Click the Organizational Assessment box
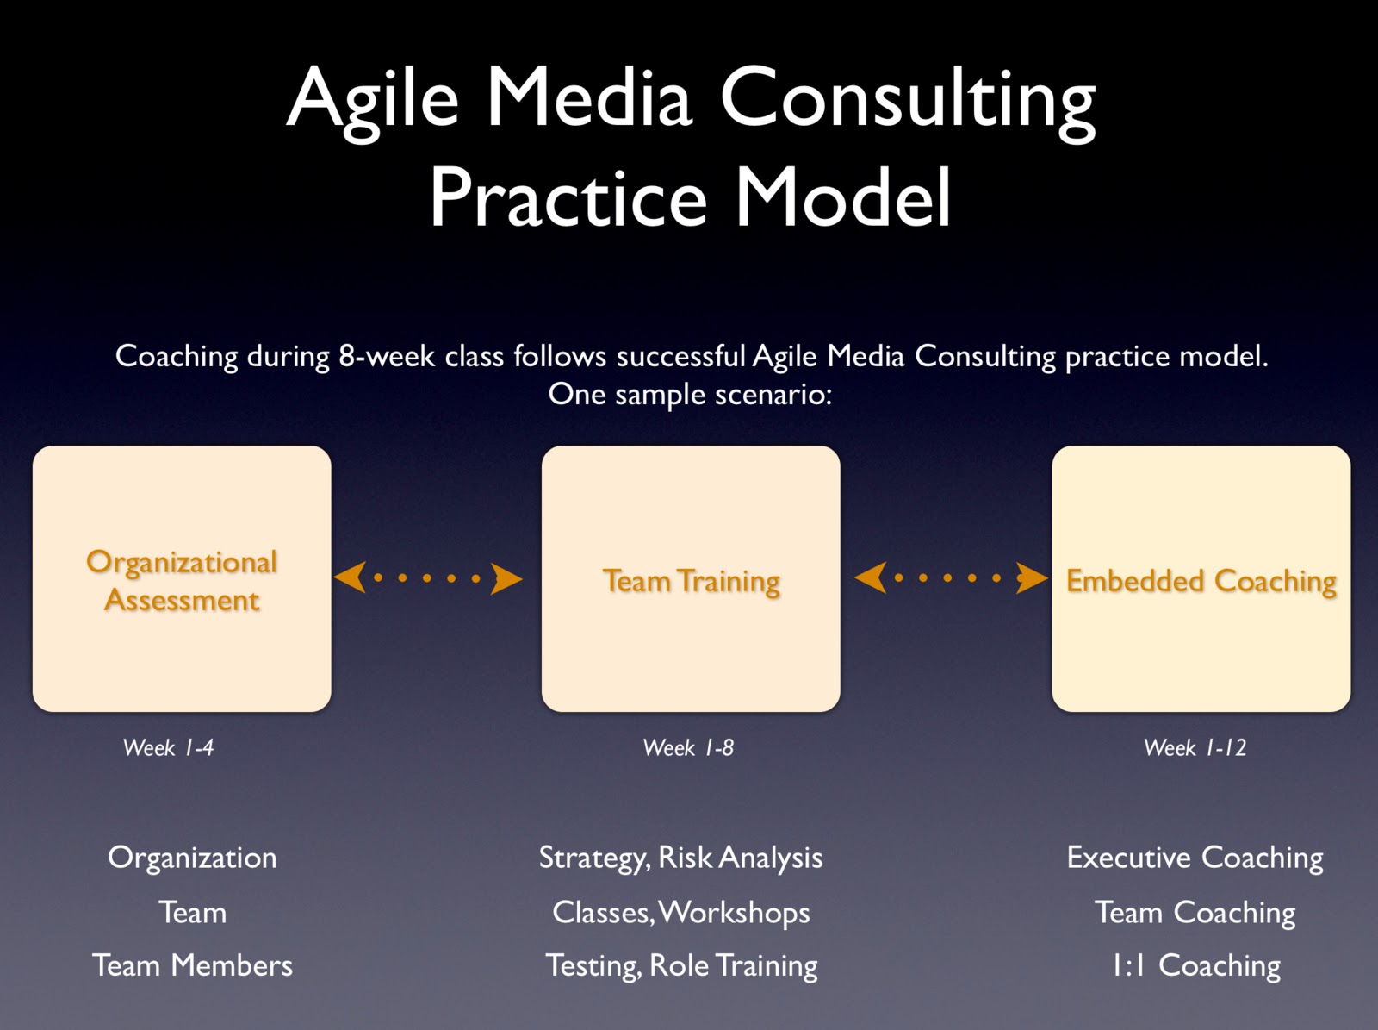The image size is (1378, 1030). click(x=182, y=579)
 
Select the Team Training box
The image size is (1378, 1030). click(x=691, y=579)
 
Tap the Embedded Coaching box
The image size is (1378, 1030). click(x=1201, y=579)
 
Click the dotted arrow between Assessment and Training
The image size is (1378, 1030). click(x=427, y=578)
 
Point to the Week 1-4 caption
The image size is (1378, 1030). click(x=168, y=747)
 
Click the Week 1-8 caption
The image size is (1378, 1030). click(x=688, y=747)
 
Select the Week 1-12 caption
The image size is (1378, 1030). click(x=1195, y=747)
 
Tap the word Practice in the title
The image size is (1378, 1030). click(x=568, y=198)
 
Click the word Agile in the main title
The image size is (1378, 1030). click(x=372, y=98)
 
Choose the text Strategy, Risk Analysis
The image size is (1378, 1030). click(x=680, y=858)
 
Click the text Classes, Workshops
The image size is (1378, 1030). click(x=680, y=912)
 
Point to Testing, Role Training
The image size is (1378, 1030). click(x=680, y=965)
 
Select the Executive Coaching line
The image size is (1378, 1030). click(x=1195, y=858)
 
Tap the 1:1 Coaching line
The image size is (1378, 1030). click(x=1195, y=965)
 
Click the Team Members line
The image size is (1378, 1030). click(x=192, y=965)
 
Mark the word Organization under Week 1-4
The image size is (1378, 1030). click(x=192, y=858)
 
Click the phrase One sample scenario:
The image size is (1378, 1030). click(x=690, y=394)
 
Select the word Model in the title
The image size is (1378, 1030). click(x=842, y=198)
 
